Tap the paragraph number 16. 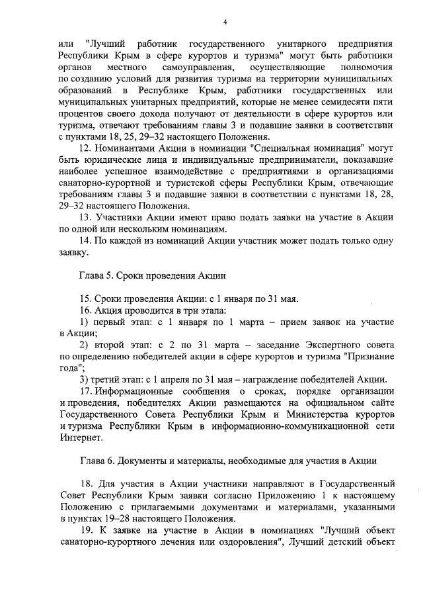[x=85, y=310]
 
